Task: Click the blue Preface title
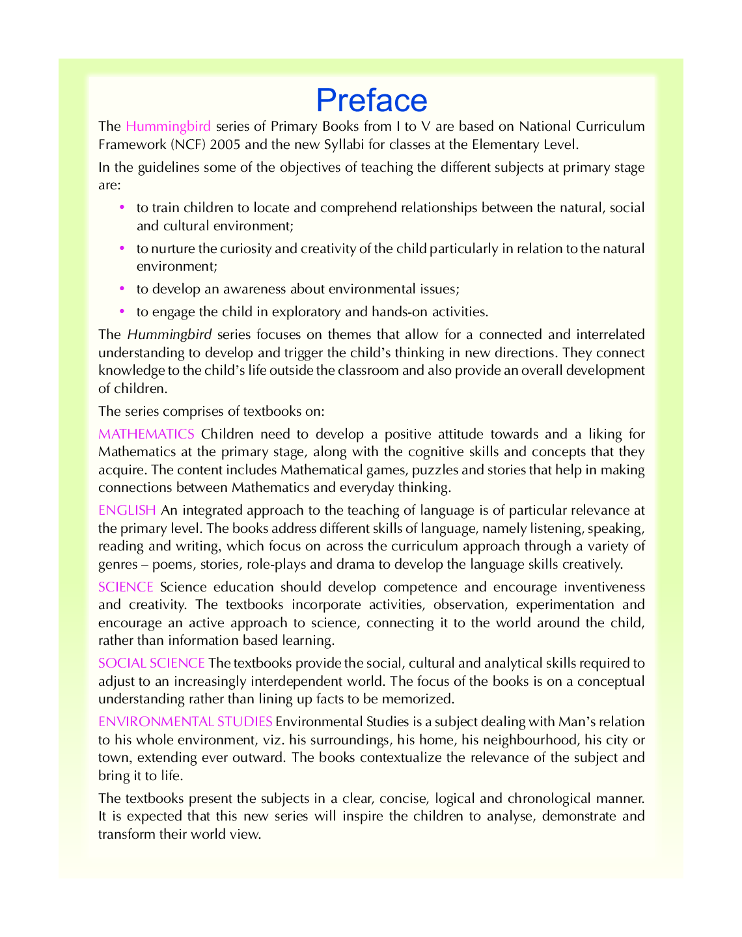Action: (x=371, y=100)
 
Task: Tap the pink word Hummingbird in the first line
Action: (x=168, y=126)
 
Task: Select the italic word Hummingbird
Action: (x=169, y=334)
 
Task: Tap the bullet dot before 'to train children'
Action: (x=122, y=208)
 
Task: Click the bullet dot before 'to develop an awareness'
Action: (x=122, y=288)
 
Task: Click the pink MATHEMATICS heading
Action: (x=146, y=434)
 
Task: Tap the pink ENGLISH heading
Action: (x=127, y=510)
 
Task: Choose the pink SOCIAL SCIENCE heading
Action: (x=151, y=663)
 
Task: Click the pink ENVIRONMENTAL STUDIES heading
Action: (x=185, y=722)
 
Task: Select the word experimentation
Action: (x=558, y=605)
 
